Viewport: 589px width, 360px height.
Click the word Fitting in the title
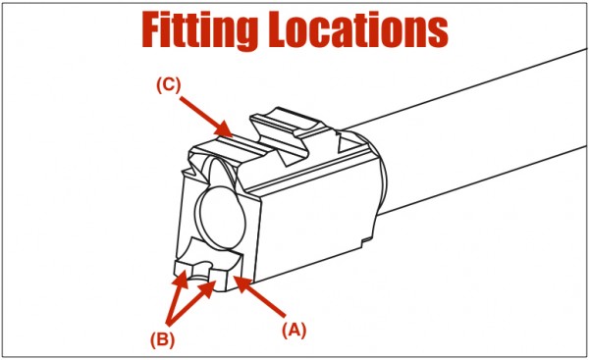tap(199, 30)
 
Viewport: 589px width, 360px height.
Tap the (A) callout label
tap(294, 331)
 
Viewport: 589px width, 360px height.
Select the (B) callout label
tap(163, 340)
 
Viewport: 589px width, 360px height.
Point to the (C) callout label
tap(169, 85)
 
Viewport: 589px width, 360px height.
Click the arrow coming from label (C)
tap(205, 117)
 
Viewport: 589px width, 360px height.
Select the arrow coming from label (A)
tap(260, 296)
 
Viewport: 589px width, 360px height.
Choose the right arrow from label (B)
tap(191, 303)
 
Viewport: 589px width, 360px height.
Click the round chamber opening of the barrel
tap(223, 218)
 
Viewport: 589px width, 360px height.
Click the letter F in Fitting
tap(153, 30)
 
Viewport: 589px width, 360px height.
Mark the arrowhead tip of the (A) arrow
tap(234, 277)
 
